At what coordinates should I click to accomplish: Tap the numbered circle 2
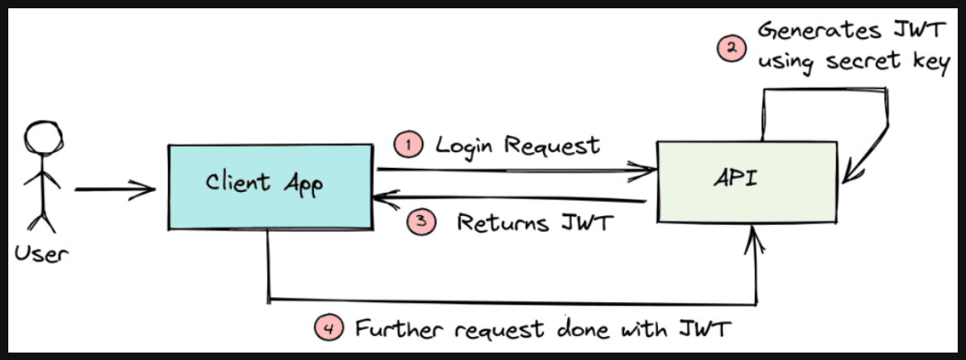[729, 49]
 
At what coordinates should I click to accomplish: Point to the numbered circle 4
[329, 329]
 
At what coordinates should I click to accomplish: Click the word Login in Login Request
[467, 145]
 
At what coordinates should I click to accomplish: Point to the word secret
[865, 65]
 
